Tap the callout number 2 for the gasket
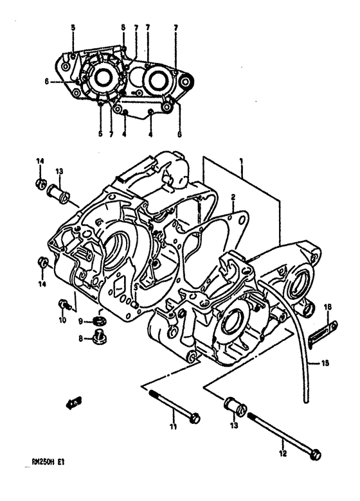233,198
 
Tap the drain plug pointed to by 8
100,335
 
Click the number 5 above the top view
73,27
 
